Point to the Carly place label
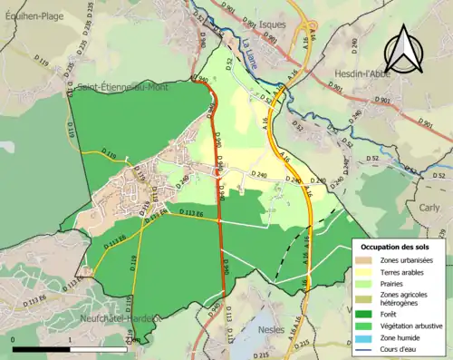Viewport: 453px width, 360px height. tap(433, 206)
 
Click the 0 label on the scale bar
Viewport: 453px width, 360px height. tap(14, 339)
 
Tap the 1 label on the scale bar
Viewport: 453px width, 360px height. tap(71, 339)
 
